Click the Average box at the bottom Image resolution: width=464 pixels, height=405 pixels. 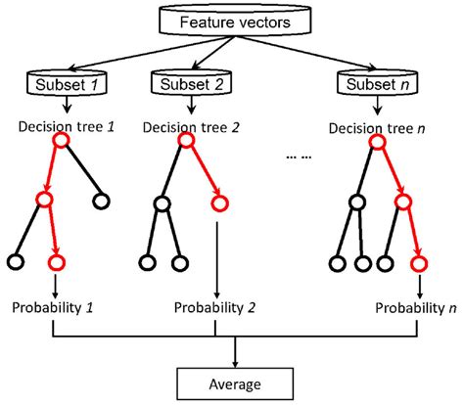(235, 381)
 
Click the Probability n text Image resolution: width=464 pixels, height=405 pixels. (415, 307)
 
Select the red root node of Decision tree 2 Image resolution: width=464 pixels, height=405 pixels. (183, 143)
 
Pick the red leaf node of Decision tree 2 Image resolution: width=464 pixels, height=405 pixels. (217, 203)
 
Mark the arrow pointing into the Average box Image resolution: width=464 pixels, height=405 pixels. (235, 354)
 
